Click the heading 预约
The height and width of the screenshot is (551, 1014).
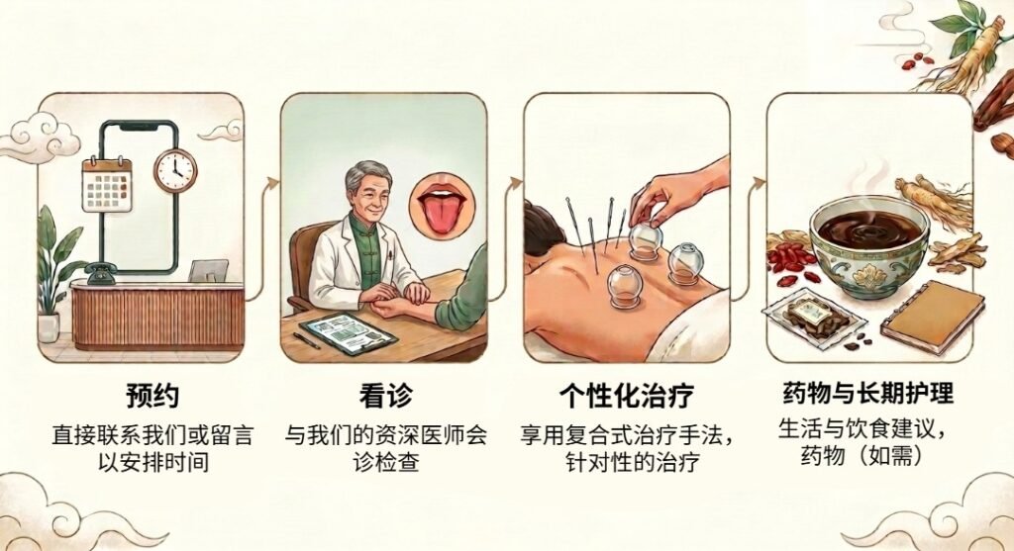pos(152,396)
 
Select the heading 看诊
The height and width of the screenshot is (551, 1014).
pos(385,396)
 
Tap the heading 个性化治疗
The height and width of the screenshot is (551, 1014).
pos(627,396)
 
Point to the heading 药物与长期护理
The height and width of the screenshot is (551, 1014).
pos(868,393)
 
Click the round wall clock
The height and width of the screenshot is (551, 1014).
pos(175,170)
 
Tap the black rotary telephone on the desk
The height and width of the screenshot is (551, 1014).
pos(100,274)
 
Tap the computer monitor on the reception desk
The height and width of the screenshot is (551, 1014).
pos(208,271)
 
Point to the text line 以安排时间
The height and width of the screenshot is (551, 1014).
pos(153,462)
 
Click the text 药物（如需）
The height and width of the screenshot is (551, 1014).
pos(861,455)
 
